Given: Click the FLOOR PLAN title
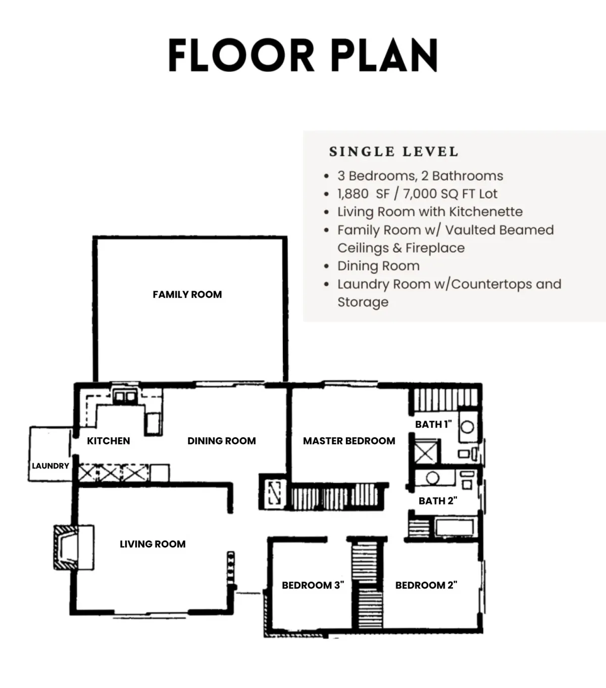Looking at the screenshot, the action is click(x=302, y=55).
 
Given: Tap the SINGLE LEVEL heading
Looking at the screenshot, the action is click(x=393, y=152).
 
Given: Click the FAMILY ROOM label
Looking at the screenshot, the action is click(x=187, y=294).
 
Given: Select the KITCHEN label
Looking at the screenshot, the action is click(x=108, y=441).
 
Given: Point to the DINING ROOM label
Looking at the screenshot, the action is click(x=222, y=441).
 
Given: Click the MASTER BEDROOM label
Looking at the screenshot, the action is click(x=349, y=441).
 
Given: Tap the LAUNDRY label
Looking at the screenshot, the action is click(x=50, y=466).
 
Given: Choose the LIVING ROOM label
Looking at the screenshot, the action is click(x=153, y=544).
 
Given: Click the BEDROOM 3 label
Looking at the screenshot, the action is click(x=313, y=585).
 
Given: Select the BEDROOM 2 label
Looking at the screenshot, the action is click(x=426, y=585).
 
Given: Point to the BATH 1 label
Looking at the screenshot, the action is click(x=433, y=424).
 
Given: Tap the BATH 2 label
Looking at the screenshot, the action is click(x=438, y=500).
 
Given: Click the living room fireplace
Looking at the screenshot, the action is click(x=74, y=547).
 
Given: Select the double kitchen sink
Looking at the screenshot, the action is click(x=125, y=397).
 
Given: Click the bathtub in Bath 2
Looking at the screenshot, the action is click(x=454, y=527).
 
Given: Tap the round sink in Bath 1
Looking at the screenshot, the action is click(x=467, y=427).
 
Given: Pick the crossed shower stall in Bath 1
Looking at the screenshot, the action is click(x=426, y=452).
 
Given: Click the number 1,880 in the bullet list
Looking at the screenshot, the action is click(x=353, y=194).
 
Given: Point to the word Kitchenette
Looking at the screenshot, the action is click(x=486, y=212).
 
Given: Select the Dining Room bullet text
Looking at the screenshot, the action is click(x=378, y=266).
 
